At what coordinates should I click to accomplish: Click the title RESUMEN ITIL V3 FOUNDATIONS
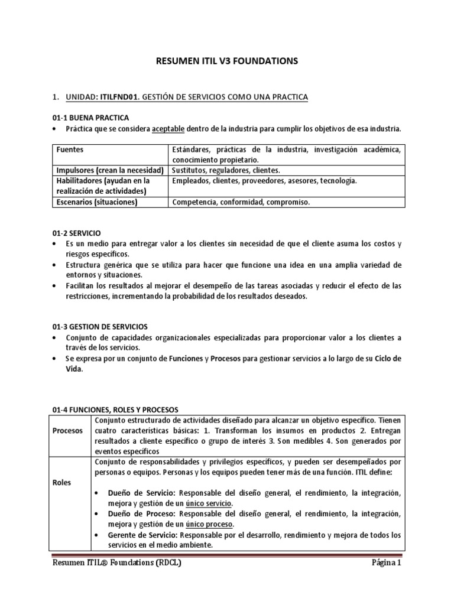pyautogui.click(x=227, y=61)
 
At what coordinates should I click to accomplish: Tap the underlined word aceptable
pyautogui.click(x=173, y=129)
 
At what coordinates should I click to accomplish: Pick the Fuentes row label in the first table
pyautogui.click(x=70, y=150)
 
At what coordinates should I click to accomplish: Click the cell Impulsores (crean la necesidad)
pyautogui.click(x=108, y=170)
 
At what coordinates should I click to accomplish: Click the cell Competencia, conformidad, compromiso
pyautogui.click(x=240, y=201)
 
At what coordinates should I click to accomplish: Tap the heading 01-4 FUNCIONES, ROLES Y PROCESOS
pyautogui.click(x=115, y=409)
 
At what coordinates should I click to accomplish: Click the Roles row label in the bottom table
pyautogui.click(x=62, y=482)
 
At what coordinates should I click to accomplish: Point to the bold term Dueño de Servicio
pyautogui.click(x=142, y=493)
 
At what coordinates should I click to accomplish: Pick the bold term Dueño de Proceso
pyautogui.click(x=142, y=514)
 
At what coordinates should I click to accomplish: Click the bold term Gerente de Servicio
pyautogui.click(x=144, y=535)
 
